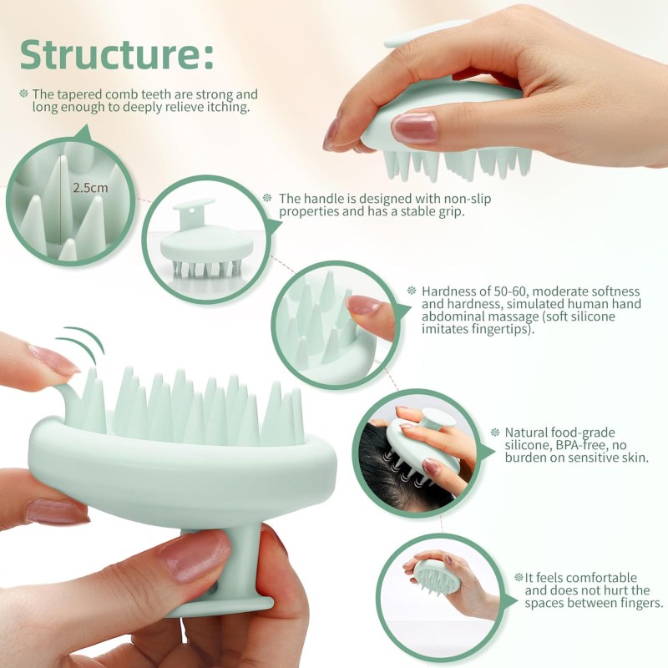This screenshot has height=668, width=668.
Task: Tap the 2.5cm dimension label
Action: [89, 188]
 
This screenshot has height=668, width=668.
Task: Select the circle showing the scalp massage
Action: [417, 451]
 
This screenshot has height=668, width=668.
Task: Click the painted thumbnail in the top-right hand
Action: [414, 128]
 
